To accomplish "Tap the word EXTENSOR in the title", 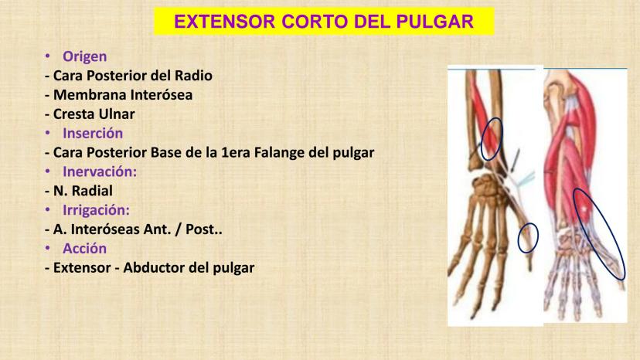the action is [224, 21].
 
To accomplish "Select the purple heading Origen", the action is [84, 56].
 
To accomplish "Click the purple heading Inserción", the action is [93, 133].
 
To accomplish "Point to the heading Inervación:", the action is [100, 172].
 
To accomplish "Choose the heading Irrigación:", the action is [96, 210].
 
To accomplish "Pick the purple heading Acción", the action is [84, 248].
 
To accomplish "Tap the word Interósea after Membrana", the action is [157, 95].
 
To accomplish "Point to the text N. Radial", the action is [83, 191].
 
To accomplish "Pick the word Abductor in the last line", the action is [153, 267].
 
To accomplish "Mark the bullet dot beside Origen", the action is [48, 56].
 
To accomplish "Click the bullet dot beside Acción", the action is [48, 247].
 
